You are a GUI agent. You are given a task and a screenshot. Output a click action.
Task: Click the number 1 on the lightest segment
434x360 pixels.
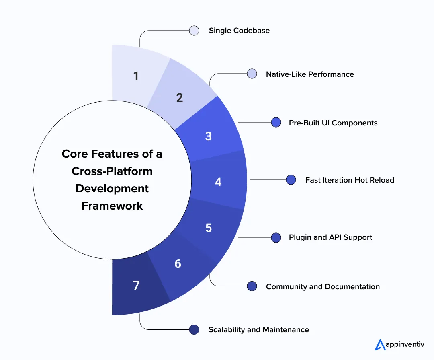click(136, 76)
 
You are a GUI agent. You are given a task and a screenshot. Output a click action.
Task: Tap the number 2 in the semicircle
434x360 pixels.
click(180, 97)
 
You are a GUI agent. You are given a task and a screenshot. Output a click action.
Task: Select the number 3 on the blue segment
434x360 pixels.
click(208, 136)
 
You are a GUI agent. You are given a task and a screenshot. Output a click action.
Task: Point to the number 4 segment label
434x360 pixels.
click(218, 182)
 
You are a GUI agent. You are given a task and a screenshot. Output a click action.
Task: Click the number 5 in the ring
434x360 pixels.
click(208, 228)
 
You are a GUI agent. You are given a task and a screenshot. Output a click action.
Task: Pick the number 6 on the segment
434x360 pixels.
click(178, 264)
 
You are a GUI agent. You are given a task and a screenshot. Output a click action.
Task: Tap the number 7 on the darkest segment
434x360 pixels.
click(136, 286)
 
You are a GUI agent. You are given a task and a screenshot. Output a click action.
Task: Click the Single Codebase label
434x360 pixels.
click(239, 31)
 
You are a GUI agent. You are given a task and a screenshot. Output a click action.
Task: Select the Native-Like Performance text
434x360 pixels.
click(310, 74)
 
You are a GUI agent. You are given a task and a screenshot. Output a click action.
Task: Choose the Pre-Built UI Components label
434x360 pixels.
click(333, 123)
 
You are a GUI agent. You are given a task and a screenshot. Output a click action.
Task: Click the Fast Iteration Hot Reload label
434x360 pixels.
click(350, 180)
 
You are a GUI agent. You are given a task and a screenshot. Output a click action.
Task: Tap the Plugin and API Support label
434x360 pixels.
click(330, 237)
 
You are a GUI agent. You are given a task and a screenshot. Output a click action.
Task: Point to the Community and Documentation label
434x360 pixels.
click(323, 287)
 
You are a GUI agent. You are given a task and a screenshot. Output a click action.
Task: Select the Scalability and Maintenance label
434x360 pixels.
click(258, 330)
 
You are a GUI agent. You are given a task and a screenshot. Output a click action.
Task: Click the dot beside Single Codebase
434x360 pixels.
click(194, 31)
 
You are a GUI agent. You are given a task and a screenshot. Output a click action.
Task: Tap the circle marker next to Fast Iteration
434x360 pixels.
click(291, 180)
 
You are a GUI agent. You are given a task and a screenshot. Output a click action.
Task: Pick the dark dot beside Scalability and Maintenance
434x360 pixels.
click(194, 330)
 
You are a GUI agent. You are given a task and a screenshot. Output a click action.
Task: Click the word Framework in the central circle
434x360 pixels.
click(112, 206)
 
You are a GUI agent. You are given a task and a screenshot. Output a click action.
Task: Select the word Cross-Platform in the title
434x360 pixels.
click(112, 171)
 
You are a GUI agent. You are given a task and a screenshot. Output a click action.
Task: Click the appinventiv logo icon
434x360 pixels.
click(380, 345)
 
